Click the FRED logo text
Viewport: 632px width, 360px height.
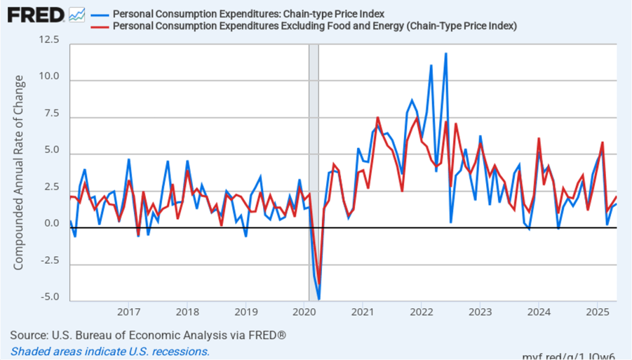point(36,14)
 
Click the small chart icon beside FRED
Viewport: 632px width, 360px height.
point(77,14)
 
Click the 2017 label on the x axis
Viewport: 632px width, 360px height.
point(128,310)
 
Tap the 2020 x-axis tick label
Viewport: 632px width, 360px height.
point(304,310)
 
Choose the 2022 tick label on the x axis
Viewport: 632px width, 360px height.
point(421,310)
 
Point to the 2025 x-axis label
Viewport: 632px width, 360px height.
point(597,310)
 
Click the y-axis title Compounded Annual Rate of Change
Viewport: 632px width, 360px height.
point(19,172)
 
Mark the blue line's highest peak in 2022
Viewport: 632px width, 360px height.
point(445,54)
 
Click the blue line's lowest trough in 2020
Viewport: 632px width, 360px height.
point(319,299)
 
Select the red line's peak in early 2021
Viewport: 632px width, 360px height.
point(377,117)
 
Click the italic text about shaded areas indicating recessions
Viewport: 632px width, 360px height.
point(110,351)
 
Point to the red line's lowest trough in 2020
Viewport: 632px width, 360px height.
point(319,274)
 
